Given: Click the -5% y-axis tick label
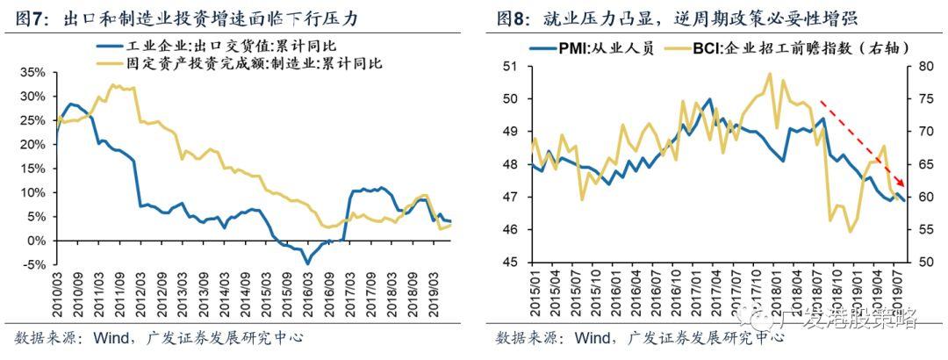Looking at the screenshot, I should (37, 264).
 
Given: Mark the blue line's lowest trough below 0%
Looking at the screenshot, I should (307, 263).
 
